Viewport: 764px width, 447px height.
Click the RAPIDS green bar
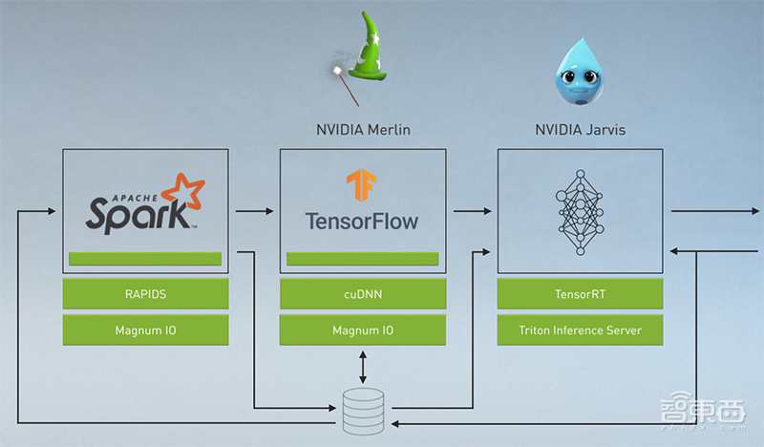coord(145,295)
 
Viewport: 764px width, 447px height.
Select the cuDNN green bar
coord(363,295)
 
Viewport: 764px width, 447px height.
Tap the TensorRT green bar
coord(580,295)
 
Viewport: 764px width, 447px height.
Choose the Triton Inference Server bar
coord(580,330)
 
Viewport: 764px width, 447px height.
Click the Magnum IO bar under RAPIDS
coord(145,330)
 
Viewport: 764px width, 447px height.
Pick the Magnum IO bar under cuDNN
coord(363,330)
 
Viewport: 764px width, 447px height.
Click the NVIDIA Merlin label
coord(363,129)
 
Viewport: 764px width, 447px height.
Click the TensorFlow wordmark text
coord(362,221)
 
